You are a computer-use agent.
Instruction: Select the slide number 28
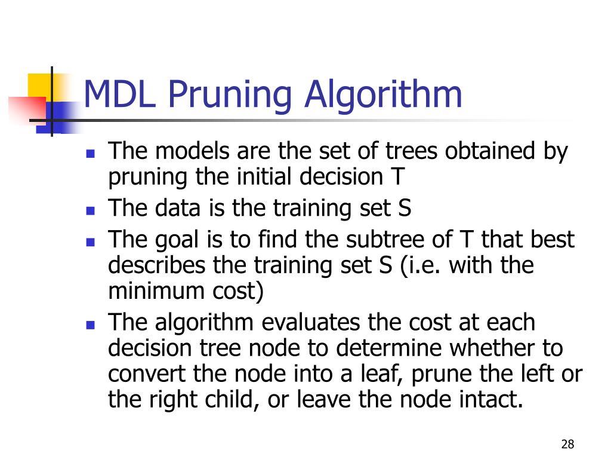(x=567, y=444)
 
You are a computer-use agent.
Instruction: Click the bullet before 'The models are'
(x=91, y=154)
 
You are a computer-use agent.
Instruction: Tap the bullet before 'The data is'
(x=91, y=210)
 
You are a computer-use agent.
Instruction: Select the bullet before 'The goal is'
(x=91, y=241)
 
